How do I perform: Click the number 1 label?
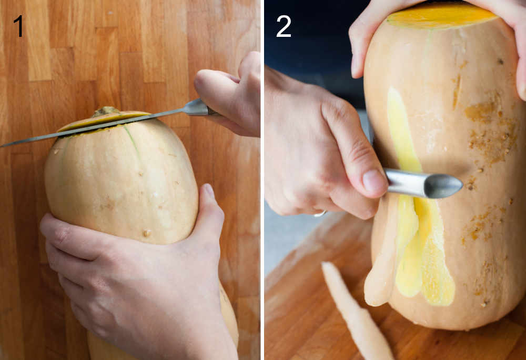19,26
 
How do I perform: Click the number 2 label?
284,26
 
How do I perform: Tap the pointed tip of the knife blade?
3,145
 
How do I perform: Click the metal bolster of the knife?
196,108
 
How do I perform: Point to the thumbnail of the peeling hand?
375,181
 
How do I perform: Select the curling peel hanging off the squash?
381,263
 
